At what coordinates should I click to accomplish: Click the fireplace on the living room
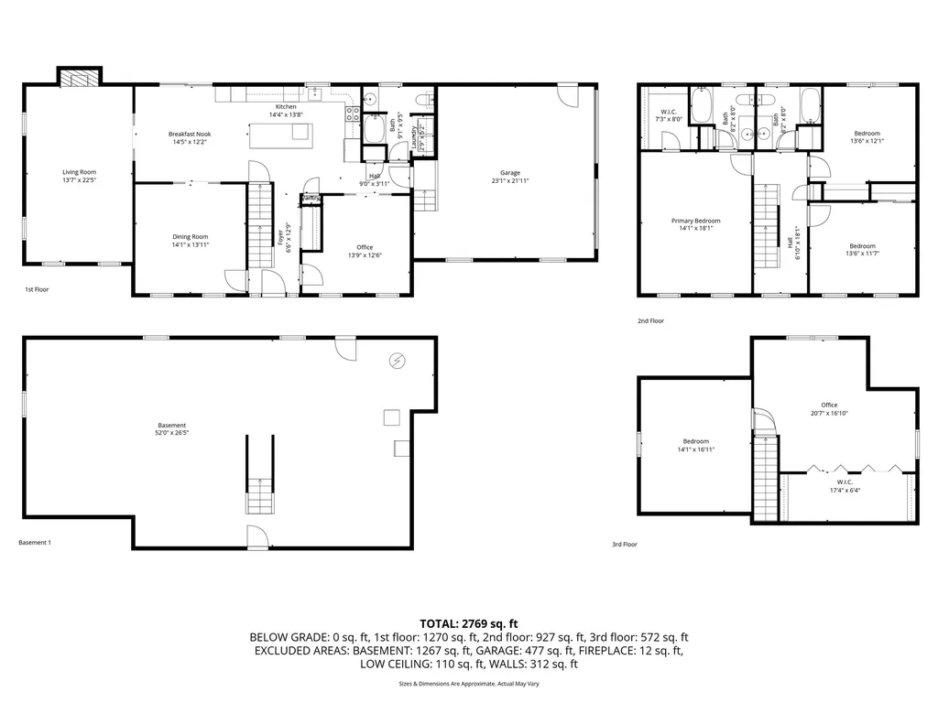pos(80,77)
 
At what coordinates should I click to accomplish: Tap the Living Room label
pos(79,172)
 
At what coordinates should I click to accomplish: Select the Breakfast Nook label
pos(190,135)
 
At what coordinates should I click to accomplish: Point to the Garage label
pos(510,172)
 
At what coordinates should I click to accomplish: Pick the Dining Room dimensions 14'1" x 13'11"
pos(190,244)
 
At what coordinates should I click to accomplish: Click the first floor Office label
pos(365,247)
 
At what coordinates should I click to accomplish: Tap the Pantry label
pos(311,198)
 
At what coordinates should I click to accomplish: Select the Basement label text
pos(171,425)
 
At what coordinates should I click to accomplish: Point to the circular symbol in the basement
pos(397,361)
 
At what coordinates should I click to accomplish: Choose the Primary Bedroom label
pos(695,221)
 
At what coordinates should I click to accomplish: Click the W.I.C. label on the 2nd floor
pos(668,112)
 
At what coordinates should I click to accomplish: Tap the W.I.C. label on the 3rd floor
pos(844,481)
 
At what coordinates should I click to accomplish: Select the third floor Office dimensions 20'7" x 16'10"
pos(829,413)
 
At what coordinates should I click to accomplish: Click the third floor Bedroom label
pos(695,441)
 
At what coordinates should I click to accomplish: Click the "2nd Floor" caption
pos(650,321)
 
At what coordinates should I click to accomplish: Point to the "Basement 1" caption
pos(35,543)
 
